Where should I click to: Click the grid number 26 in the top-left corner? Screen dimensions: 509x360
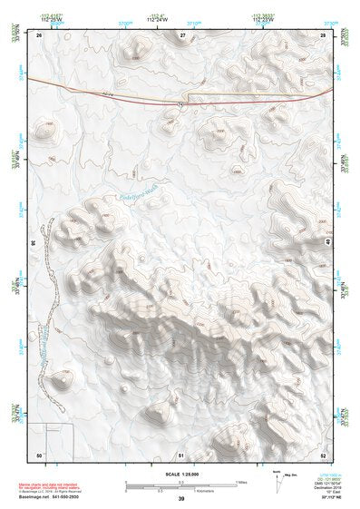coord(40,34)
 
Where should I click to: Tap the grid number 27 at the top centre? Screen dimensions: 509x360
coord(182,34)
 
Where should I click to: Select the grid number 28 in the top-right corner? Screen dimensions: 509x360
coord(323,34)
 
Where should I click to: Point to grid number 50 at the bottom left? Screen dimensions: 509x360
coord(39,453)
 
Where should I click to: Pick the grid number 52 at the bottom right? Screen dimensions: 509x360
coord(323,453)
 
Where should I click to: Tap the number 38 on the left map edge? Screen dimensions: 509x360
coord(33,243)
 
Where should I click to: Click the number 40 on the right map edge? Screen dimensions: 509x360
coord(328,243)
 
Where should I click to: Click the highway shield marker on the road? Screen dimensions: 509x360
coord(180,104)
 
